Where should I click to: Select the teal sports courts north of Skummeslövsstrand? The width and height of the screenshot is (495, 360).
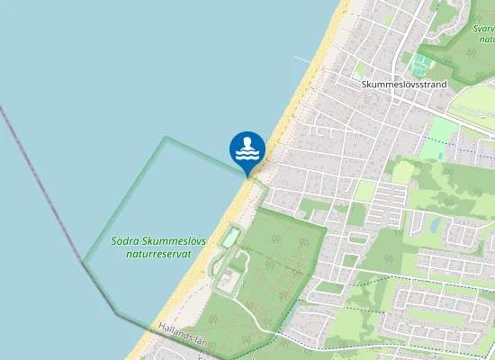tap(418, 64)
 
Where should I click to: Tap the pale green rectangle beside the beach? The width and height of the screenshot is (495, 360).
tap(232, 238)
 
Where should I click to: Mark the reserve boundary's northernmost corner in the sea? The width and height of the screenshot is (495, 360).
tap(166, 138)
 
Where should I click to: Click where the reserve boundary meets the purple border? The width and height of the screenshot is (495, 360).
tap(84, 262)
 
